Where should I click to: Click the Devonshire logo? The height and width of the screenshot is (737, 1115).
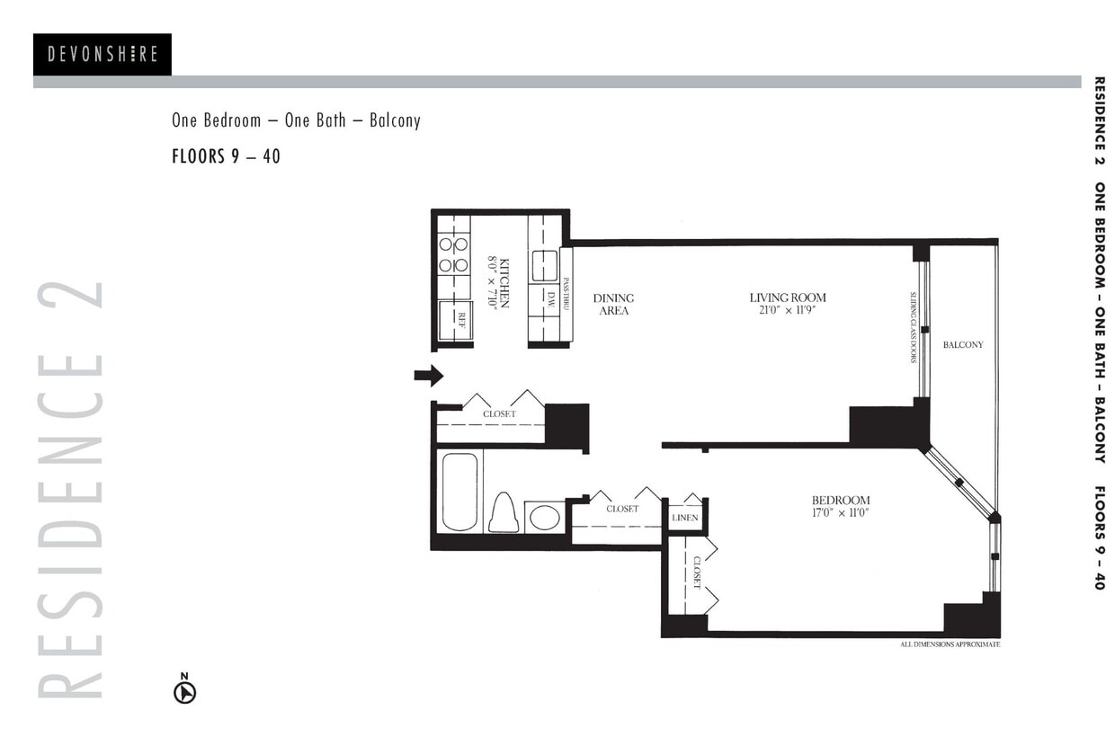tap(103, 55)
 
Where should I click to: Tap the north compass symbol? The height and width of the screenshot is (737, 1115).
tap(184, 691)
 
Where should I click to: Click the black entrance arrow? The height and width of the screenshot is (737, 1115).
tap(429, 375)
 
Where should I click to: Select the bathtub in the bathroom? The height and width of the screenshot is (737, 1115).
tap(459, 492)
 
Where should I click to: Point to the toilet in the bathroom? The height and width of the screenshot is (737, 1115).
tap(504, 513)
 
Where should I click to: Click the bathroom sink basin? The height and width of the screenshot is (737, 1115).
tap(544, 517)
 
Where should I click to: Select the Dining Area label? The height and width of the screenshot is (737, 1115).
tap(613, 304)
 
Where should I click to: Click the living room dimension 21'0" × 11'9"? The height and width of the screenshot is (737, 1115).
tap(788, 310)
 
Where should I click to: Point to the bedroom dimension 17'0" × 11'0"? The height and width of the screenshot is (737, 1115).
tap(840, 513)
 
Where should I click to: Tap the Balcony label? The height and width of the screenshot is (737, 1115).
tap(962, 344)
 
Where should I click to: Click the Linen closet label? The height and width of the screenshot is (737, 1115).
tap(684, 518)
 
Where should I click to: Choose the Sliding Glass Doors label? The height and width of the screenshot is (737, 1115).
tap(913, 326)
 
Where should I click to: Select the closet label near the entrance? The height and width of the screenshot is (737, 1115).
tap(499, 414)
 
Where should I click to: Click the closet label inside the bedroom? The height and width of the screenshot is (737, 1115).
tap(697, 572)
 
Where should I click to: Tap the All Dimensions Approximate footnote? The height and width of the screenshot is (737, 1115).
tap(950, 644)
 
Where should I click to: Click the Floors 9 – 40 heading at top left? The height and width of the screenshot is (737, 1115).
tap(226, 156)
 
